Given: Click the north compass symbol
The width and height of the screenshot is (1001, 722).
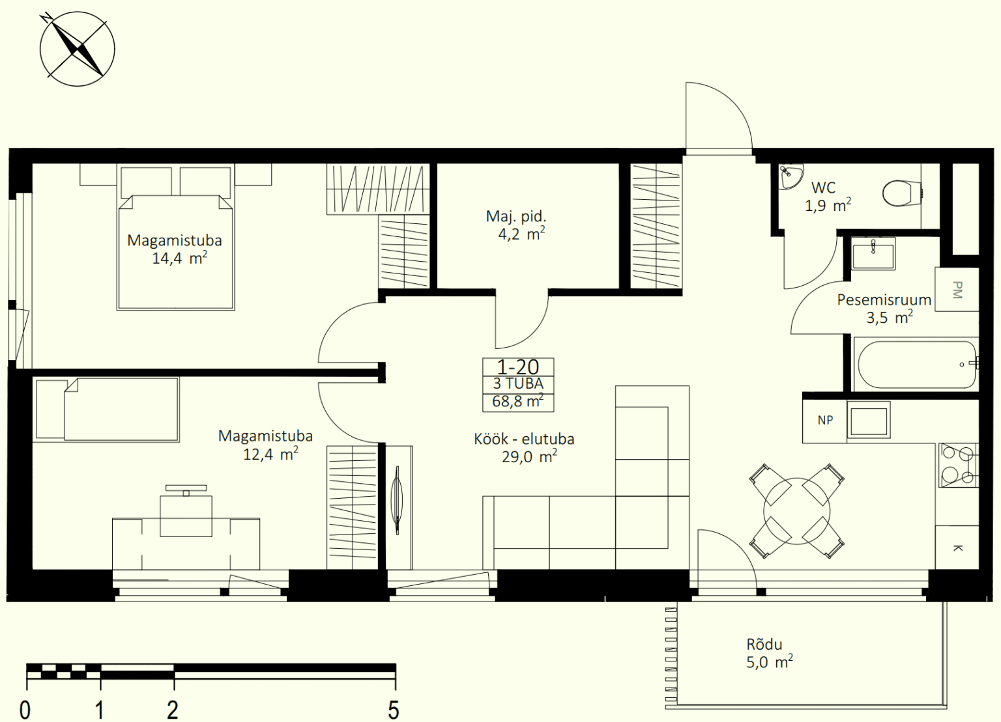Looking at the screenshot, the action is point(78,49).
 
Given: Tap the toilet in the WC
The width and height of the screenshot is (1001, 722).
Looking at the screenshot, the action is point(903,193).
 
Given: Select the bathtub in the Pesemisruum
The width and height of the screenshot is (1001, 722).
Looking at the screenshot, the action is point(917,365).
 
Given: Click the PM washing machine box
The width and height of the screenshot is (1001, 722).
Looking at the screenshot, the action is point(957,289).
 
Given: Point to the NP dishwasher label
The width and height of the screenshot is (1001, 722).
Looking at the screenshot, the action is point(825,420).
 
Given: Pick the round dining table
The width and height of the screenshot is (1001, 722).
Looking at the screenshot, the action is point(797,512).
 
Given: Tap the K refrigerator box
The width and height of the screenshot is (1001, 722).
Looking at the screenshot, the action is point(957,548).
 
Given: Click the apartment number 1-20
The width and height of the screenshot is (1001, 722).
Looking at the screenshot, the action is point(518,367).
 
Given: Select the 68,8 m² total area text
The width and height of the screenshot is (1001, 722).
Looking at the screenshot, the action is point(518,402).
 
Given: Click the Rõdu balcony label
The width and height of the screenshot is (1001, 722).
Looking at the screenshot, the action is point(764,645).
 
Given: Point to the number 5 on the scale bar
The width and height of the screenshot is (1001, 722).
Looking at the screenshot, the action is point(393,710).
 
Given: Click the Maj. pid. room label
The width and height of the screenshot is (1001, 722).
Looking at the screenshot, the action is point(516,217).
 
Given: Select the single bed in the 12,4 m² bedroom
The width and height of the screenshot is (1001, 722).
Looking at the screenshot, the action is point(107,410).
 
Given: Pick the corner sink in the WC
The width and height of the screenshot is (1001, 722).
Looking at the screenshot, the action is point(790,176).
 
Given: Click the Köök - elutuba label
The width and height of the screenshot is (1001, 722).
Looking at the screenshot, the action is point(524,439).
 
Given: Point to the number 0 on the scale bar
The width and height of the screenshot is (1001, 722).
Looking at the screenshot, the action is point(25,710).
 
